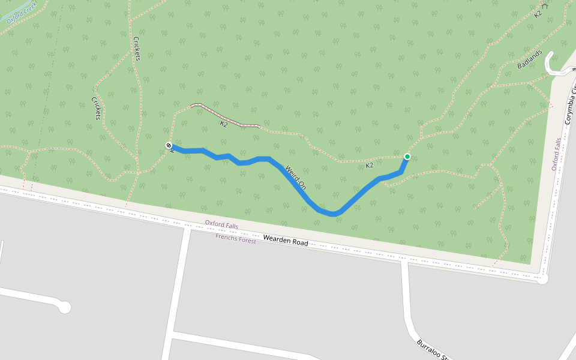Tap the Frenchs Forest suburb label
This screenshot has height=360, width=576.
[x=235, y=238]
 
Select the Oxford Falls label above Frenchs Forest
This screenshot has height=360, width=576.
[x=221, y=224]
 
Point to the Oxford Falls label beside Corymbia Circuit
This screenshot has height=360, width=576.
[x=557, y=154]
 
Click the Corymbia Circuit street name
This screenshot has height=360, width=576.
[x=571, y=106]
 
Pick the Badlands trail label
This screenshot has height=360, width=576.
[x=530, y=59]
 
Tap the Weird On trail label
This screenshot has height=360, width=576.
[x=296, y=178]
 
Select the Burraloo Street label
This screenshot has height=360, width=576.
[x=433, y=350]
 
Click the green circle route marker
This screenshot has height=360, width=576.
[x=407, y=157]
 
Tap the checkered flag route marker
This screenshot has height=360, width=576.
[x=169, y=145]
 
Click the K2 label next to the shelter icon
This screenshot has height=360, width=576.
[x=538, y=13]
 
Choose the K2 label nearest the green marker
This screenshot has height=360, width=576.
[x=370, y=165]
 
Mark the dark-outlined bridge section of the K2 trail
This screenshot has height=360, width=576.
[x=225, y=116]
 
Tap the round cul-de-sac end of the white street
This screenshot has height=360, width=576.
[x=64, y=308]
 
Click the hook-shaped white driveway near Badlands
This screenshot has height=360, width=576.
[x=554, y=65]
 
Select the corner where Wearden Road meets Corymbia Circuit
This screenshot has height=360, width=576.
[x=542, y=279]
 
